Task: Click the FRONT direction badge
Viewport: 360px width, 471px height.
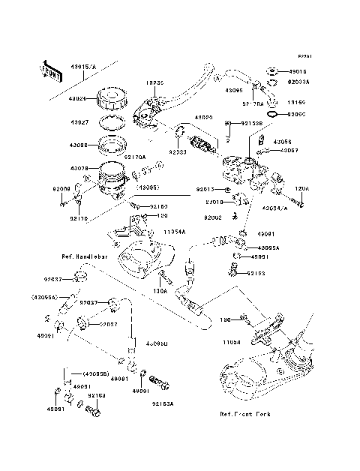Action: pos(49,71)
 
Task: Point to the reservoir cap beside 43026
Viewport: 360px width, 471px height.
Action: pos(116,100)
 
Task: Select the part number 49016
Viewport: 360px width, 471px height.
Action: pos(298,73)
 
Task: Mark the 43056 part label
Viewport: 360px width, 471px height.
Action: pos(281,141)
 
